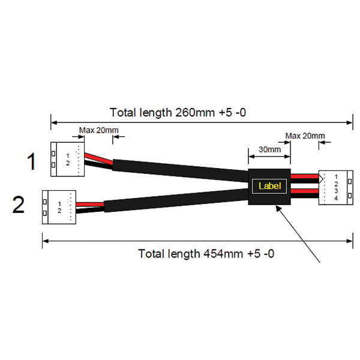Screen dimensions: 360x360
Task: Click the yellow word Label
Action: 269,186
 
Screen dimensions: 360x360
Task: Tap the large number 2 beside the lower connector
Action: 19,206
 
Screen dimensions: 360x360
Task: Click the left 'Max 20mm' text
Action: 98,130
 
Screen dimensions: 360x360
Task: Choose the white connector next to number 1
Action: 68,158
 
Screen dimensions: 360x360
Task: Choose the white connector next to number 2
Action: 59,207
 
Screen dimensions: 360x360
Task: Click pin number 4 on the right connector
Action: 337,198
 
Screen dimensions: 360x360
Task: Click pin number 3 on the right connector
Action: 337,191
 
